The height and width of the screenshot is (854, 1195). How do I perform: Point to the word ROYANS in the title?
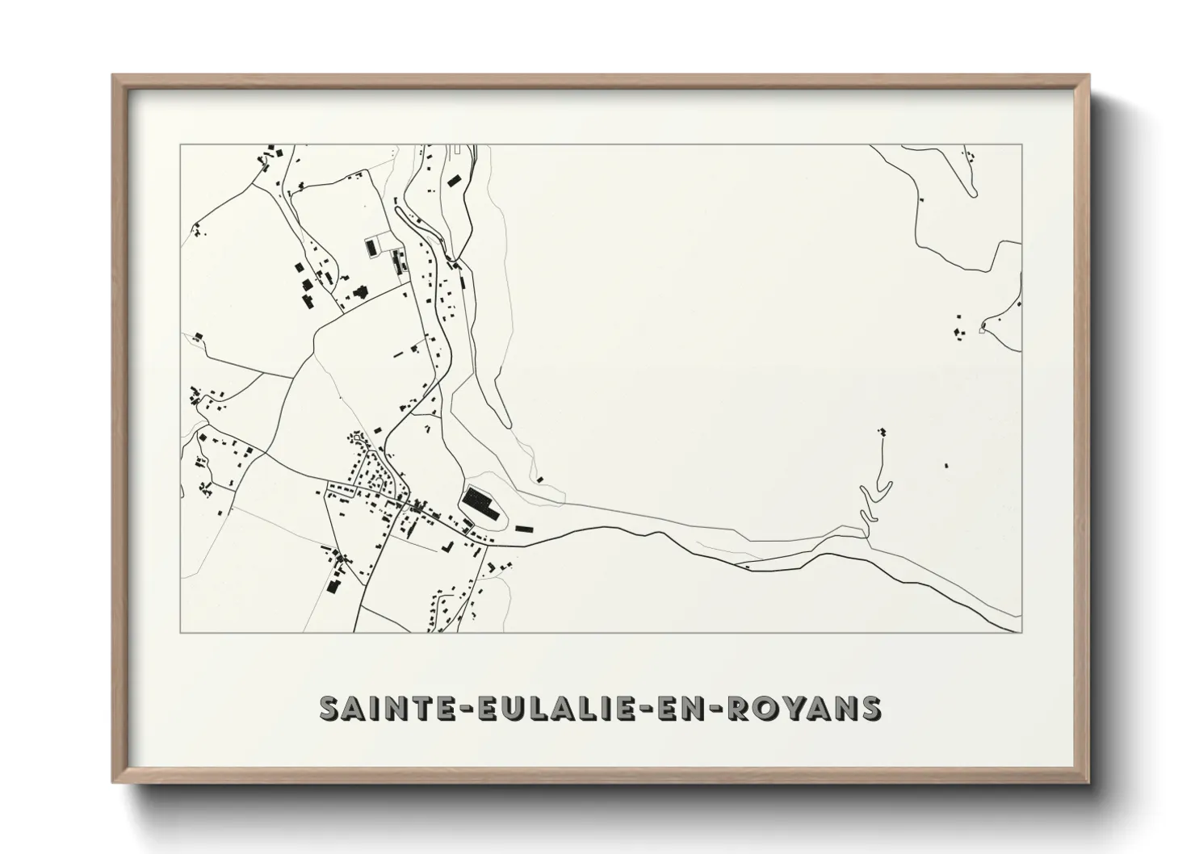click(x=804, y=708)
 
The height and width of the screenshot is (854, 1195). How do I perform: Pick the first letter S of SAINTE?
click(x=329, y=708)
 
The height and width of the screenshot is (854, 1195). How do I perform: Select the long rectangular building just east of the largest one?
click(x=525, y=529)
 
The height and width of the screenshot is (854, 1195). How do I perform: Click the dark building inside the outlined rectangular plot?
click(x=371, y=247)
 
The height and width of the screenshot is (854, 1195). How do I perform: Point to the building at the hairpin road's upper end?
click(x=882, y=432)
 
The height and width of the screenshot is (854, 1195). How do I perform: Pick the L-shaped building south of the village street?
click(x=447, y=546)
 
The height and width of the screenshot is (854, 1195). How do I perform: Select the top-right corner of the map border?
click(x=1022, y=144)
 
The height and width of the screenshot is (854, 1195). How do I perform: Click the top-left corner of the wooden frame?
click(x=113, y=76)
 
